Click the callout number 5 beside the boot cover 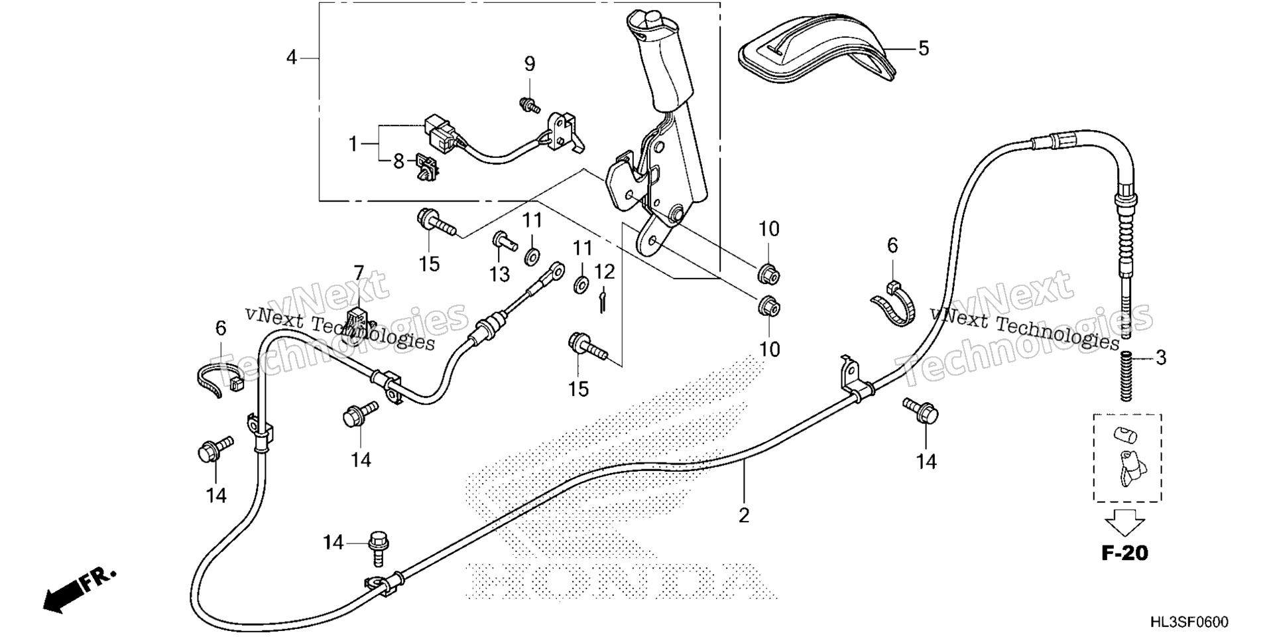[x=924, y=48]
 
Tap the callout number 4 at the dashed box [x=292, y=58]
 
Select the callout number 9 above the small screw [x=529, y=64]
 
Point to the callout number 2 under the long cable [x=744, y=514]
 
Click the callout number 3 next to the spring [x=1160, y=358]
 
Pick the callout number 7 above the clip [x=359, y=272]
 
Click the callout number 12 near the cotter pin [x=605, y=271]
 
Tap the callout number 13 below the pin [x=500, y=274]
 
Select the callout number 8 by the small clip [x=398, y=161]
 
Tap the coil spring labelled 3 [x=1125, y=377]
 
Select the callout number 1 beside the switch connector [x=353, y=143]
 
